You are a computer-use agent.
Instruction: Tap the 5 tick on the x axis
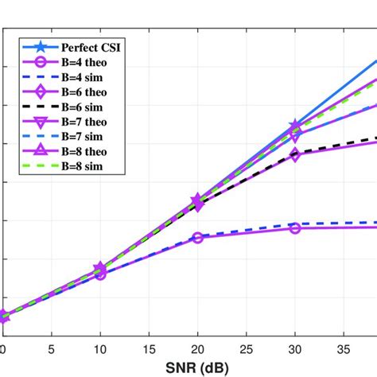point(51,348)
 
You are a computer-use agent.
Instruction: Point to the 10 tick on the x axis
point(100,348)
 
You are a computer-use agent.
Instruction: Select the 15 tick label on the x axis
point(149,348)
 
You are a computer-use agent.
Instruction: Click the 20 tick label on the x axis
point(197,348)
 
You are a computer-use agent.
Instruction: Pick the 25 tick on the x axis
point(247,348)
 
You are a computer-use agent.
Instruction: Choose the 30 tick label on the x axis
point(295,348)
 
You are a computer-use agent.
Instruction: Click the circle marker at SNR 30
point(295,228)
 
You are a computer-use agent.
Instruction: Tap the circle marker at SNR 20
point(197,237)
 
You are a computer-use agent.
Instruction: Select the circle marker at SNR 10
point(100,274)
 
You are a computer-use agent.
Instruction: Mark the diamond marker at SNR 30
point(295,155)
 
